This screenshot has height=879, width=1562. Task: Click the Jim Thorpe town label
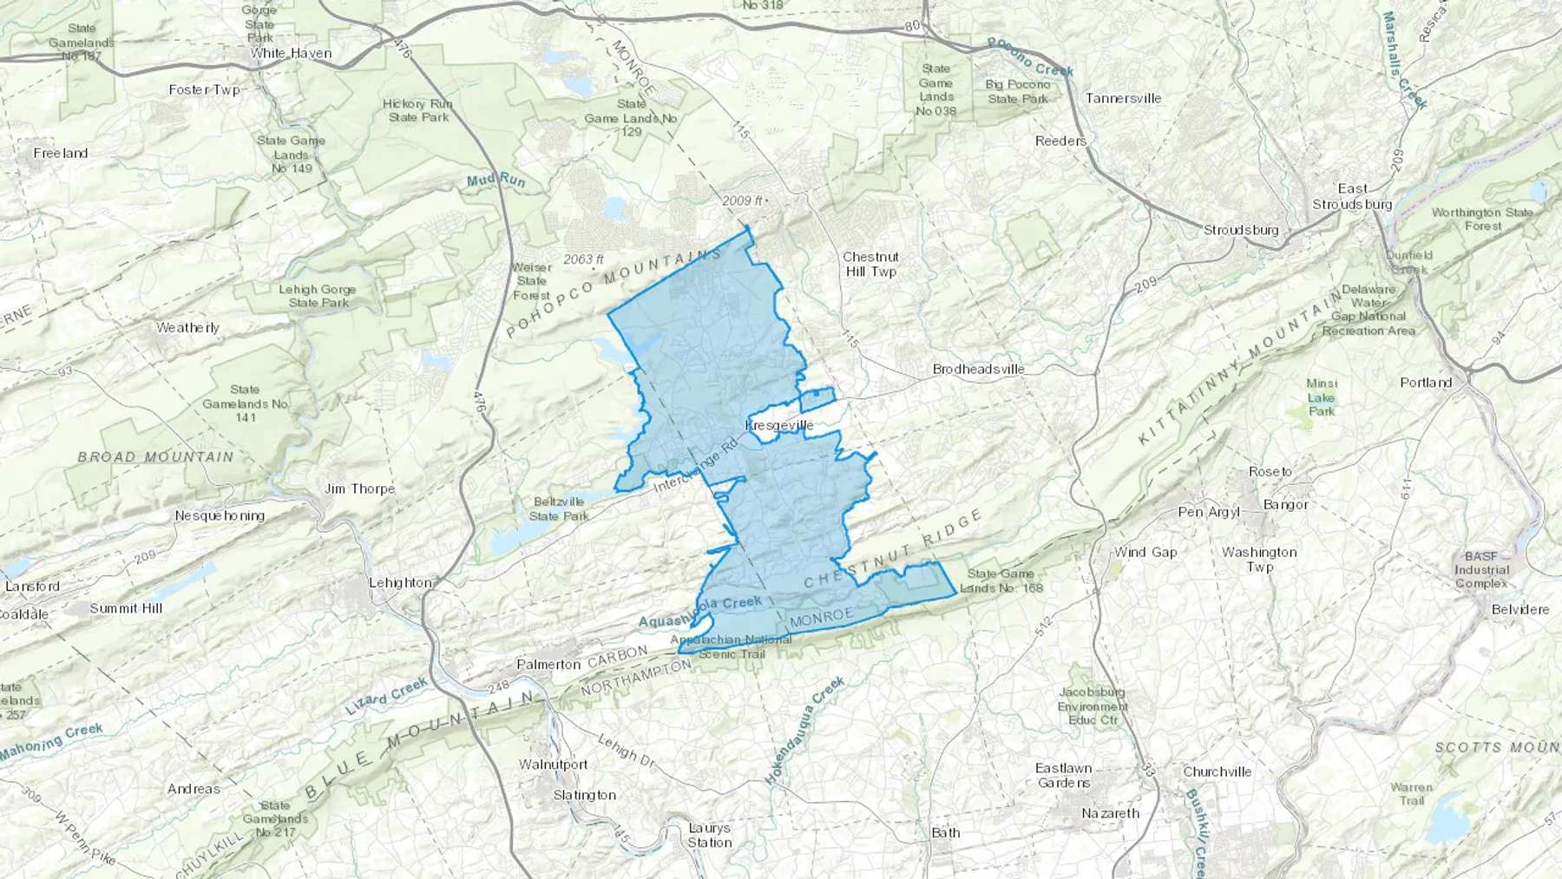pos(359,489)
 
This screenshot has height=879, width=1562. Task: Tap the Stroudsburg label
pos(1241,230)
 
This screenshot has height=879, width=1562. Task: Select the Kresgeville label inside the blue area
pos(779,425)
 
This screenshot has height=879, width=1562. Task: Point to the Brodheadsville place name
pos(978,369)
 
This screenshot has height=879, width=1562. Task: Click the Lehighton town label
pos(400,582)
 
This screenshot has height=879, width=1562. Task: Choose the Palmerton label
pos(548,664)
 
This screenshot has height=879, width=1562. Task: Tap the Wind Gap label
pos(1145,552)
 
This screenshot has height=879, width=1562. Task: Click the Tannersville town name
pos(1123,98)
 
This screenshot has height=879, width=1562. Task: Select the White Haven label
pos(291,53)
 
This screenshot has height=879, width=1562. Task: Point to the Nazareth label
pos(1110,813)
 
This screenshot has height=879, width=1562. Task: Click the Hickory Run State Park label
pos(418,110)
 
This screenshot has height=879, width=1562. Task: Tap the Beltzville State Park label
pos(560,508)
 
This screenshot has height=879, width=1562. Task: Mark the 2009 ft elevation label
pos(742,201)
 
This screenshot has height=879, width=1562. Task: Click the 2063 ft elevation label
pos(583,259)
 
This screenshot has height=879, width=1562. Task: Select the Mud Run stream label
pos(496,180)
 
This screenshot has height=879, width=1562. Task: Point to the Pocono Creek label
pos(1030,57)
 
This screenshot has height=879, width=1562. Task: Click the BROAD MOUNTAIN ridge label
pos(155,456)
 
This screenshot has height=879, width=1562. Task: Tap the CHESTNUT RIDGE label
pos(893,550)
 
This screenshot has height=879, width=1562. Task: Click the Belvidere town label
pos(1520,609)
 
